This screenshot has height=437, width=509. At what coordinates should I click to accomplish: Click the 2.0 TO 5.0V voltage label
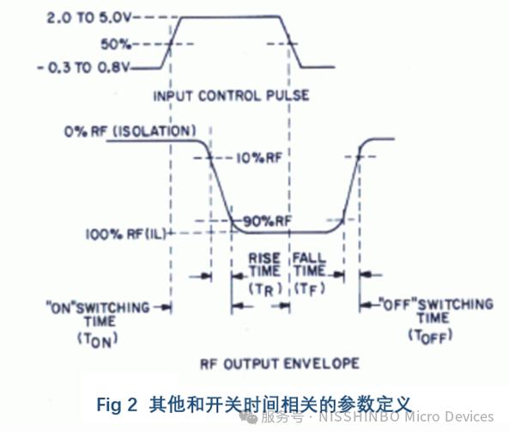pos(88,17)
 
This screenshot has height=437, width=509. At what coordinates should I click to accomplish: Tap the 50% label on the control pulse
pos(115,44)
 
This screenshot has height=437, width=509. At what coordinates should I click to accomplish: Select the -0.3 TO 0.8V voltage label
pos(83,68)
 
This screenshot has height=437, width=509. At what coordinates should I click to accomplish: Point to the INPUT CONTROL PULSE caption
pos(231,96)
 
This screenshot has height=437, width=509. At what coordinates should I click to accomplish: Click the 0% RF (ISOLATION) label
pos(130,131)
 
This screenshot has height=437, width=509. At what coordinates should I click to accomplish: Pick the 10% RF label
pos(258,158)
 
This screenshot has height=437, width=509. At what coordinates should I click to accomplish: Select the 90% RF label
pos(267,222)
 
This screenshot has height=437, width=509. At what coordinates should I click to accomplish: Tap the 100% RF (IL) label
pos(125,234)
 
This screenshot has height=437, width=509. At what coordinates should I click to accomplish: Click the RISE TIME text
pos(264,264)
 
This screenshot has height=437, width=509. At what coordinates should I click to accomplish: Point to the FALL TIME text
pos(309,264)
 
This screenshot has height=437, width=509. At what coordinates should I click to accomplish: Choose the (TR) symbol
pos(265,289)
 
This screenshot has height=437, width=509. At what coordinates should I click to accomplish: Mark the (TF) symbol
pos(309,289)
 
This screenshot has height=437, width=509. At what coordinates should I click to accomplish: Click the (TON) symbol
pos(97,340)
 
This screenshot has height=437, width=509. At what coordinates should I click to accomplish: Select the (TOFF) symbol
pos(430,336)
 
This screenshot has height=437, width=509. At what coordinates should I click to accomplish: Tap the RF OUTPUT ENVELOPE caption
pos(280,364)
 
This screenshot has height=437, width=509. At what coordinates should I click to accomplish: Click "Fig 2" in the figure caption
pos(117,405)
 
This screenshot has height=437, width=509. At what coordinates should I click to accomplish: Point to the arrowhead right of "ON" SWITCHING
pos(167,307)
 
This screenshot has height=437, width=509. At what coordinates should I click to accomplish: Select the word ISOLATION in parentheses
pos(155,131)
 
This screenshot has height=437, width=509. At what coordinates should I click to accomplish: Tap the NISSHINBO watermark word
pos(359,417)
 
